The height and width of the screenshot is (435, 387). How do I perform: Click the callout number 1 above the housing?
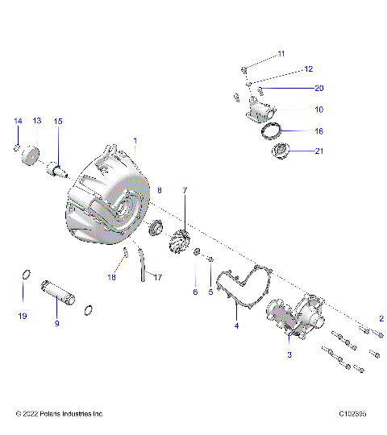tap(135, 140)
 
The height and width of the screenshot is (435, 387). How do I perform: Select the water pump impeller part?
tap(178, 239)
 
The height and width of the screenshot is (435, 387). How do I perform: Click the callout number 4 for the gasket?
tap(236, 325)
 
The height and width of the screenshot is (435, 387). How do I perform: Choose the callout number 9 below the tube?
tap(56, 323)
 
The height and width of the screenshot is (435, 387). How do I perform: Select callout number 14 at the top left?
tap(17, 120)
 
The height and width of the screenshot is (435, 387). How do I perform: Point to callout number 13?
tap(36, 120)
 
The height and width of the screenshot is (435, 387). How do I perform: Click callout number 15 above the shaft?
tap(57, 120)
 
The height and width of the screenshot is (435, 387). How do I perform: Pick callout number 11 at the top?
tap(281, 53)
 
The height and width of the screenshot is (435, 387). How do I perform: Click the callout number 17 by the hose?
tap(158, 277)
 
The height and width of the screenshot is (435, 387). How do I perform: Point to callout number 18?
tap(112, 277)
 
